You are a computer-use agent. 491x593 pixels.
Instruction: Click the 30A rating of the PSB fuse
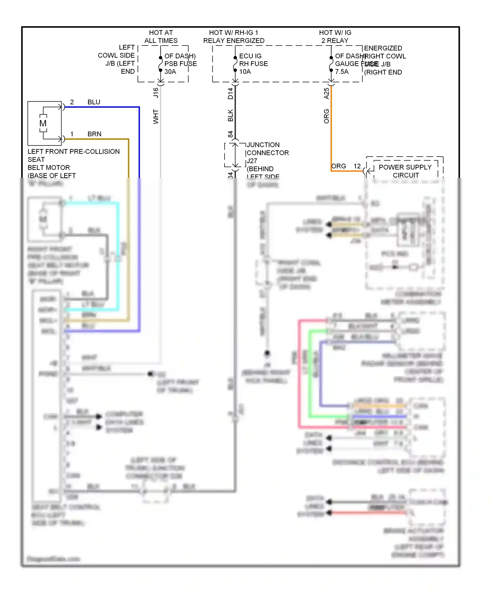pyautogui.click(x=170, y=72)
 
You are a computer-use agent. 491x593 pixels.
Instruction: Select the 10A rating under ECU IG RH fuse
pyautogui.click(x=245, y=72)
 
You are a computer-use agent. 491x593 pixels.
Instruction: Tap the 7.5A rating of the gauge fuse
pyautogui.click(x=342, y=72)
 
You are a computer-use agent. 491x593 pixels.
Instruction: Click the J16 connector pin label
pyautogui.click(x=156, y=93)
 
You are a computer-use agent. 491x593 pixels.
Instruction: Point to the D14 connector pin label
pyautogui.click(x=230, y=93)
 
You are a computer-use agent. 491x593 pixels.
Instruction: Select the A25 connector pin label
pyautogui.click(x=326, y=93)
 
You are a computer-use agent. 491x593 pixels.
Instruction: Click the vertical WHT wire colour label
pyautogui.click(x=156, y=117)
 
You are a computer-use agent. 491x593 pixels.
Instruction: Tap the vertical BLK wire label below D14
pyautogui.click(x=230, y=116)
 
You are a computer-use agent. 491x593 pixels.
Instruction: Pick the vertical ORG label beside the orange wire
pyautogui.click(x=326, y=116)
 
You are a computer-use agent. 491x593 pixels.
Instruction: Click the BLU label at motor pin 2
pyautogui.click(x=94, y=102)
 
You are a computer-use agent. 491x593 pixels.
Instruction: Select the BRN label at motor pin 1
pyautogui.click(x=94, y=134)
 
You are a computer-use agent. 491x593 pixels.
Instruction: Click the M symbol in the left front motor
pyautogui.click(x=43, y=124)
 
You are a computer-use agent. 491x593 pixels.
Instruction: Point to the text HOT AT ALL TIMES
pyautogui.click(x=161, y=37)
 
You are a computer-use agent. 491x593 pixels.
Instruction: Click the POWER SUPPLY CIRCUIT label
pyautogui.click(x=405, y=171)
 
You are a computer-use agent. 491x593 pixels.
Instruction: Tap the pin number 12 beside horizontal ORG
pyautogui.click(x=357, y=166)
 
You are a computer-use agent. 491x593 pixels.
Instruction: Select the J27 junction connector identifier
pyautogui.click(x=252, y=161)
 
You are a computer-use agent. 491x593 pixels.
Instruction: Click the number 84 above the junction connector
pyautogui.click(x=230, y=134)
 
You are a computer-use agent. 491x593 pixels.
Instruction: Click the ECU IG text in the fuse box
pyautogui.click(x=250, y=56)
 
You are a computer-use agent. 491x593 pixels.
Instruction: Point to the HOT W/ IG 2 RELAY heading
pyautogui.click(x=335, y=37)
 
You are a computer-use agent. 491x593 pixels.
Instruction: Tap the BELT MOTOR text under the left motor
pyautogui.click(x=49, y=167)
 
